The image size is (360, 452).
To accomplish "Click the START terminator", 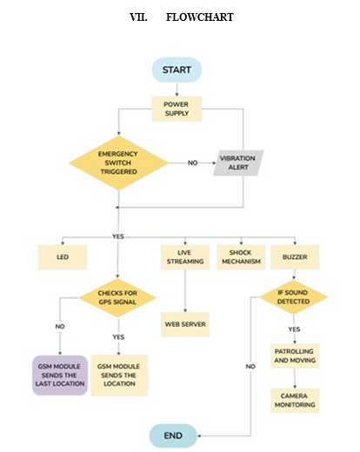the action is tap(177, 70).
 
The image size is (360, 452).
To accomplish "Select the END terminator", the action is tap(173, 435).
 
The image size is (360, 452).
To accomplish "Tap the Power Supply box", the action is tap(177, 109).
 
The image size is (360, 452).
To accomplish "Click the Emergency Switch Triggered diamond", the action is tap(118, 163).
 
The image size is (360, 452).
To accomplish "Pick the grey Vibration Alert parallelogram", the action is tap(238, 163).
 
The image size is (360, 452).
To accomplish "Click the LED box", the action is tap(63, 257).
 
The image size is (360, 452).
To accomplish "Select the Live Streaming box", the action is tap(185, 257).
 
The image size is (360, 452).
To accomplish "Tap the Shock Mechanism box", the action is tap(241, 257).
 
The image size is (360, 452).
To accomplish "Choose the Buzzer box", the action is tap(295, 257).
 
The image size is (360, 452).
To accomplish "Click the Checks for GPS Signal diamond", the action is tap(117, 297).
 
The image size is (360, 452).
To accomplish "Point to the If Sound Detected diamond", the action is tap(293, 297).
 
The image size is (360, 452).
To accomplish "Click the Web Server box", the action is tap(185, 324).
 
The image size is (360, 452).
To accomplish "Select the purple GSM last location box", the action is tap(60, 376).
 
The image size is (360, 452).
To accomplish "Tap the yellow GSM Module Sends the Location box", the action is tap(119, 376).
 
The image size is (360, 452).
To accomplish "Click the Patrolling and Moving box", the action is tap(295, 356).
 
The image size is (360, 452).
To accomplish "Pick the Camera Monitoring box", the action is tap(295, 401).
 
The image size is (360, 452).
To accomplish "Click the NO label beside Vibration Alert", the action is tap(193, 163).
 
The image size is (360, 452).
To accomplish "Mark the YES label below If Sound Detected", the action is tap(294, 329).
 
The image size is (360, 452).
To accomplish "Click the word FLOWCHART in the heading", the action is tap(200, 17).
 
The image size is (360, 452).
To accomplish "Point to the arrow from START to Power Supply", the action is tap(177, 90).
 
